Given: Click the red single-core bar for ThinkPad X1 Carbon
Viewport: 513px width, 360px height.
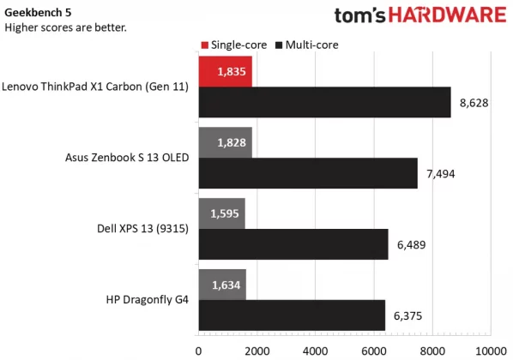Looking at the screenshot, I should pyautogui.click(x=225, y=72).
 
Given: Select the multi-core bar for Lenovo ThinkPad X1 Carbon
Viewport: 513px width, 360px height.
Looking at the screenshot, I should pyautogui.click(x=324, y=103).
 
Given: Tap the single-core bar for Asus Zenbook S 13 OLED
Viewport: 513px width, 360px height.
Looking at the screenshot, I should pyautogui.click(x=225, y=141).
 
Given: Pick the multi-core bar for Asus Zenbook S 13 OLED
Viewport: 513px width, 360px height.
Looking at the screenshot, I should pyautogui.click(x=308, y=172).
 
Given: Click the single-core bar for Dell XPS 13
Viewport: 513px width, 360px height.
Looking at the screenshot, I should pyautogui.click(x=221, y=213).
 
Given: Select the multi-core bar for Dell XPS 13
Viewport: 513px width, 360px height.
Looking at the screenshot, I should pyautogui.click(x=293, y=243).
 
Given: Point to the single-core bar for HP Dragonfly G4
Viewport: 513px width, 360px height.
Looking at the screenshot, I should pyautogui.click(x=222, y=283).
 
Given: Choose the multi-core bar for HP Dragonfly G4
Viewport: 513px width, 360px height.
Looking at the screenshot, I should pyautogui.click(x=292, y=314).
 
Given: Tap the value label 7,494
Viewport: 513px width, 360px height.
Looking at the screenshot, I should pyautogui.click(x=441, y=173).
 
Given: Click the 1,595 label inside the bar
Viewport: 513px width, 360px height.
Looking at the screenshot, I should pyautogui.click(x=220, y=213).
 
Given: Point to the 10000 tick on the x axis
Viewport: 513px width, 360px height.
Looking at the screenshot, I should pyautogui.click(x=490, y=350).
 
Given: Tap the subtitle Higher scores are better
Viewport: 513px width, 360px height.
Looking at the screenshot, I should pyautogui.click(x=65, y=27).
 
